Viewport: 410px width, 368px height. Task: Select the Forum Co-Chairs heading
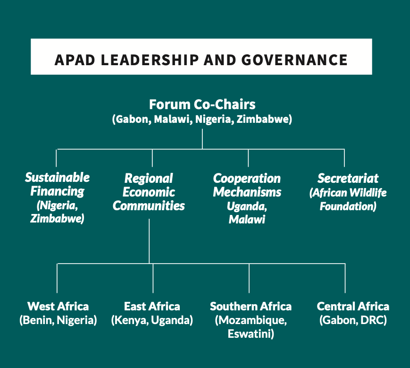(202, 104)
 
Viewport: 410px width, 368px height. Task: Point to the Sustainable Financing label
(57, 184)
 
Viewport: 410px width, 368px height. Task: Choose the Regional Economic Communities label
(149, 192)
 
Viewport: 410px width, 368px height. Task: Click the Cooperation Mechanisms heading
(247, 185)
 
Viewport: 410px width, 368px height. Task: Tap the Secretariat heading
(348, 178)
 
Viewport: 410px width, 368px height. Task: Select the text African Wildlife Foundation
(348, 200)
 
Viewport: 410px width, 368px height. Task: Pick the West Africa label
(58, 306)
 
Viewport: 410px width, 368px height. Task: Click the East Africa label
(152, 306)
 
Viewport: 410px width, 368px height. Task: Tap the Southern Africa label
(251, 306)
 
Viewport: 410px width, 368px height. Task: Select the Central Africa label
(353, 306)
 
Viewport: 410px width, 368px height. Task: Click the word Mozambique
(251, 320)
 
